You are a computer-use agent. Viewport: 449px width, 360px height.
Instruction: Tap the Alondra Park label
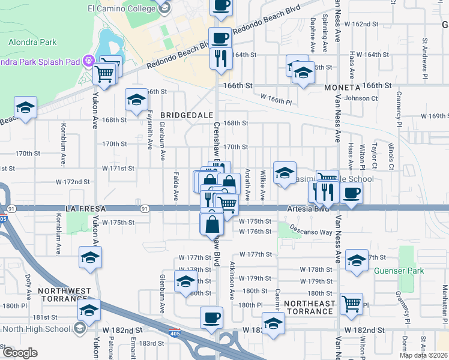pos(32,42)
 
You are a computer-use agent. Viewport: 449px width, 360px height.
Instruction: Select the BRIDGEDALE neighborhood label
pos(184,114)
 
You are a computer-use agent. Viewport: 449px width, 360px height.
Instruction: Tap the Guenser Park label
pos(399,271)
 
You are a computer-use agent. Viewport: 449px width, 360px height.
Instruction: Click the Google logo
pos(20,352)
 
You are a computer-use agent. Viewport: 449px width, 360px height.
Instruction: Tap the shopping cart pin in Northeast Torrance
pos(351,302)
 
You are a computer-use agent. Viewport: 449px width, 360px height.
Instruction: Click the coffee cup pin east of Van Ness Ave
pos(352,193)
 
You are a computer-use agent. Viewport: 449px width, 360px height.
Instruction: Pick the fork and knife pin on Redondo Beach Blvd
pos(220,58)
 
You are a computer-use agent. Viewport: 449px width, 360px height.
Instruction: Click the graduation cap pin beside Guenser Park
pos(357,260)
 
